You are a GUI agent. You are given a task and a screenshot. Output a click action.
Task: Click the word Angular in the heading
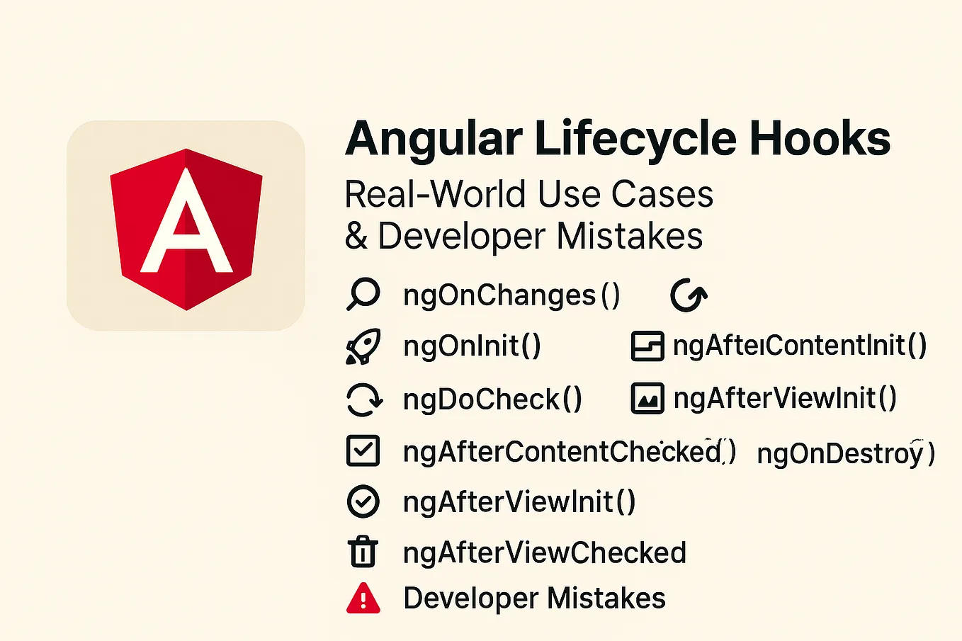[434, 139]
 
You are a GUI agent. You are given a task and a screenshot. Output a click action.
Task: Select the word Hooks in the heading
[820, 139]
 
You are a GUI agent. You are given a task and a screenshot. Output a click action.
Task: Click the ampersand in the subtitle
[356, 237]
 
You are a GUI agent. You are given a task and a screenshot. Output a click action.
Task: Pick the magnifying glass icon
[363, 295]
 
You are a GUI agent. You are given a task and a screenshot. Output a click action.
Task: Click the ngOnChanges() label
[511, 295]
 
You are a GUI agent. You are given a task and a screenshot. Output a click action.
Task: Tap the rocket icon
[363, 347]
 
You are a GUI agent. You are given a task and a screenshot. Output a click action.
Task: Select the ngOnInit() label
[472, 346]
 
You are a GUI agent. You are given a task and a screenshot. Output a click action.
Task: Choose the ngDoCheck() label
[492, 399]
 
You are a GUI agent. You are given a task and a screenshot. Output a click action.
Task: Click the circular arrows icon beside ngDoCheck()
[364, 399]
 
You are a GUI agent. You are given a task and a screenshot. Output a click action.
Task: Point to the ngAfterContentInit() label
[799, 346]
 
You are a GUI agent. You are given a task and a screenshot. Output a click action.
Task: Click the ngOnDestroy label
[845, 453]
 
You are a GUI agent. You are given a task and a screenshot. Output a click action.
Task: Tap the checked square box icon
[363, 450]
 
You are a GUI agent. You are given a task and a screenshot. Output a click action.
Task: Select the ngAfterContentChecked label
[569, 451]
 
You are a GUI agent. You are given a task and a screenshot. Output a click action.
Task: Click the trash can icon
[363, 552]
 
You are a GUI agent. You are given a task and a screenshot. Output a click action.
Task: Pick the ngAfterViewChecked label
[545, 553]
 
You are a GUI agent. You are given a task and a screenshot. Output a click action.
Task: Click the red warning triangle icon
[363, 599]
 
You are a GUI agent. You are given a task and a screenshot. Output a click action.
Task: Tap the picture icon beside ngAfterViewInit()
[647, 399]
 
